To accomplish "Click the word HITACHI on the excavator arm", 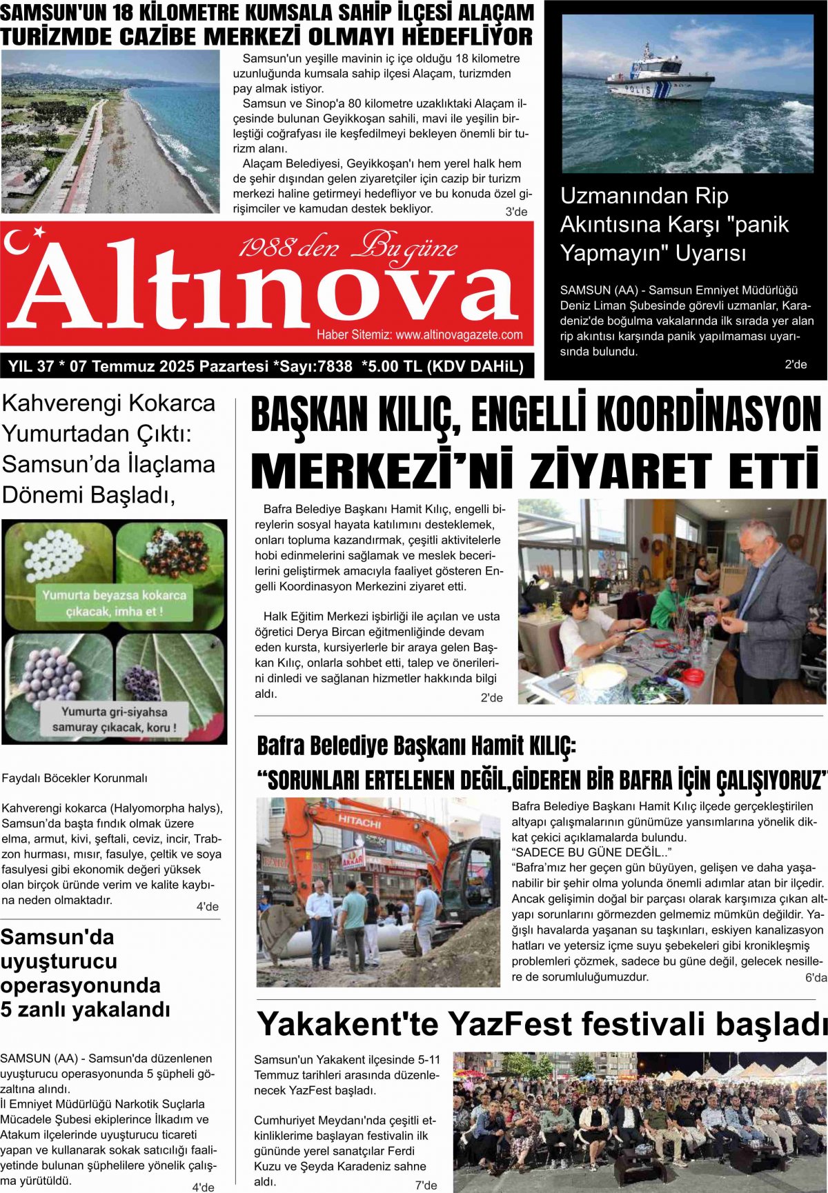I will click(359, 821).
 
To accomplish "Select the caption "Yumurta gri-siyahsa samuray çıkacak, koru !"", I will click(114, 719).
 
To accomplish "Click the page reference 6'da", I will click(815, 978).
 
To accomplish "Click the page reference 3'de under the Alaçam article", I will click(516, 212).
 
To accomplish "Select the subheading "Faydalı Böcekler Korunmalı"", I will click(75, 778).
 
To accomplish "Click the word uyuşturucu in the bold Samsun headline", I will click(59, 961).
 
